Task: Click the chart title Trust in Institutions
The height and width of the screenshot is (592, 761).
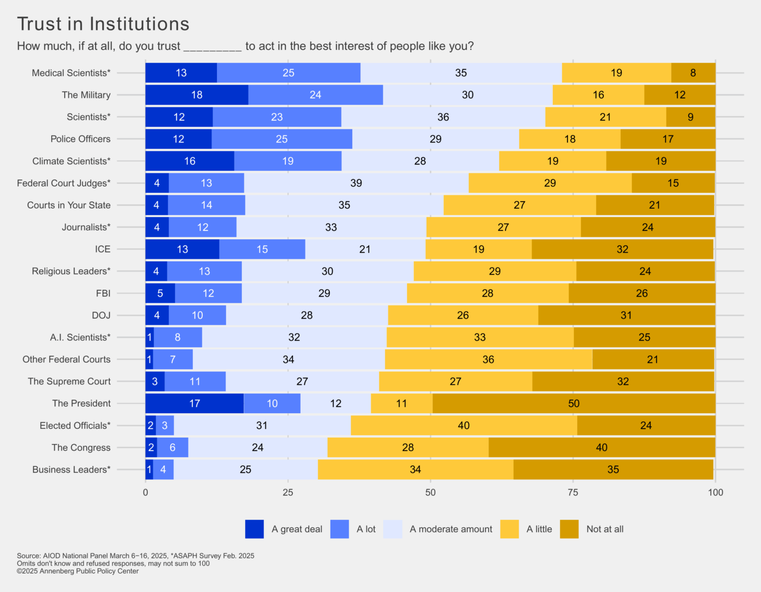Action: coord(103,24)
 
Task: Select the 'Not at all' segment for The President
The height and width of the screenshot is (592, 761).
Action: coord(573,403)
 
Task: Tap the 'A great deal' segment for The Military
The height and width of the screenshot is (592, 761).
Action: coord(196,95)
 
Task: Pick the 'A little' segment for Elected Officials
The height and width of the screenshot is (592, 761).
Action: coord(464,426)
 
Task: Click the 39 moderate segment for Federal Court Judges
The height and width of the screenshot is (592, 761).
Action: coord(356,183)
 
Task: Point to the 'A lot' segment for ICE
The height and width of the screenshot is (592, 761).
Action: coord(262,249)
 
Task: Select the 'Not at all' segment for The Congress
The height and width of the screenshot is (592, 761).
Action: coord(601,447)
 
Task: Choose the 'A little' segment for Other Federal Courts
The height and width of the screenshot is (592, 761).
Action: coord(488,359)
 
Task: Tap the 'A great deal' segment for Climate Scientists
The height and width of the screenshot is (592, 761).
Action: coord(189,161)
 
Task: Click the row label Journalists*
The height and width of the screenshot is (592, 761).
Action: coord(86,227)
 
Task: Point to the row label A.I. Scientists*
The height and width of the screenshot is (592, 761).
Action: coord(80,337)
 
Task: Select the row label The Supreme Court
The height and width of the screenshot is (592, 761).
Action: coord(69,381)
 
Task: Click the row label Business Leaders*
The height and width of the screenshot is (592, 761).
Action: coord(71,470)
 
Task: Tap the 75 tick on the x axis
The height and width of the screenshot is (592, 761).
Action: coord(573,493)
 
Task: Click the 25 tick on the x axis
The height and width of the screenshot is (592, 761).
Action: coord(288,493)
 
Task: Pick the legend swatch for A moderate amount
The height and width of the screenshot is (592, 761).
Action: coord(392,529)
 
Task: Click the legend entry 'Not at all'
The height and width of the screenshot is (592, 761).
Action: coord(604,529)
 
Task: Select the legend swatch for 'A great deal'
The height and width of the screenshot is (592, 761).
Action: coord(254,529)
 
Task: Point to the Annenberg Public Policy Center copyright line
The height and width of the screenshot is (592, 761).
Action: coord(78,571)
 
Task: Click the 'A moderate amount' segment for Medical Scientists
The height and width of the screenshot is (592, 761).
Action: coord(461,73)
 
